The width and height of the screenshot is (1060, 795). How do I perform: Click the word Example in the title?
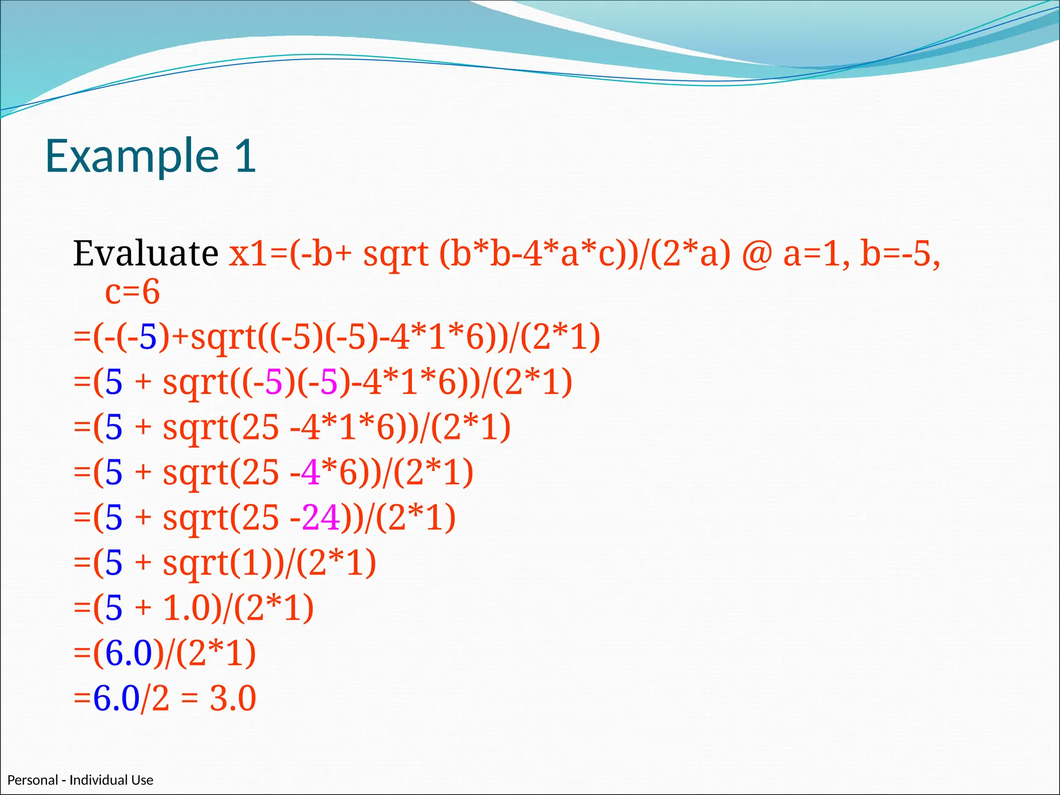click(132, 156)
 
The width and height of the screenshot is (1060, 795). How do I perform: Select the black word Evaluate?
click(145, 254)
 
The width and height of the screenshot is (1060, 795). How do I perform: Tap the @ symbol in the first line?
click(756, 255)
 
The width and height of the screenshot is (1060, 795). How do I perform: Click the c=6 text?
click(132, 292)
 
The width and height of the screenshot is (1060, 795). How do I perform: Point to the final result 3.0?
click(232, 698)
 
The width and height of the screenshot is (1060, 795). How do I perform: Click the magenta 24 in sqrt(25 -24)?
click(321, 518)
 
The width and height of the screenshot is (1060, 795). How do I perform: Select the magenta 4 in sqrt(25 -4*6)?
click(310, 473)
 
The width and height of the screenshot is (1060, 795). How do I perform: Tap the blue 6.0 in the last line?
click(116, 698)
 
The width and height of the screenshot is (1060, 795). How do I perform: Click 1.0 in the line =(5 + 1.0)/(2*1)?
click(186, 608)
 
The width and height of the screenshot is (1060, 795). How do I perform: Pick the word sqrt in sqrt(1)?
click(196, 563)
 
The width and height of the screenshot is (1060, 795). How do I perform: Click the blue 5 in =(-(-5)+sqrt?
click(148, 337)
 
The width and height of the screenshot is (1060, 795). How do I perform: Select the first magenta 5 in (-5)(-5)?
click(274, 382)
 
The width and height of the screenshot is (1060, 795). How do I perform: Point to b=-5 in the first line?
click(898, 254)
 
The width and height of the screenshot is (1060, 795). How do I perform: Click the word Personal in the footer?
click(32, 780)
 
